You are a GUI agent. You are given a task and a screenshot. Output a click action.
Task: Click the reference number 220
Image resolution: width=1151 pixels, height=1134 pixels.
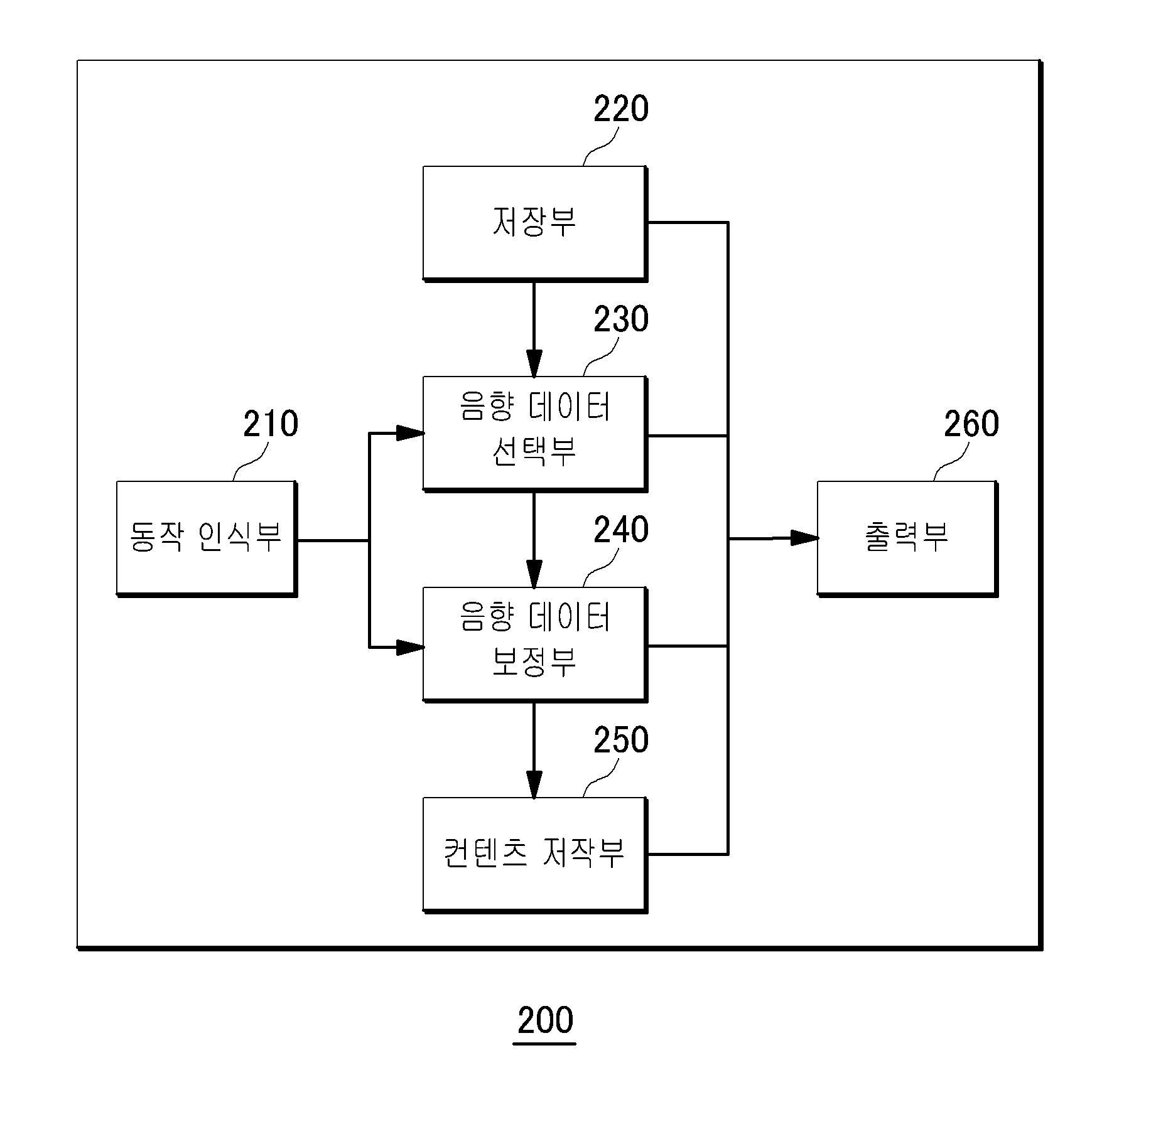pyautogui.click(x=621, y=109)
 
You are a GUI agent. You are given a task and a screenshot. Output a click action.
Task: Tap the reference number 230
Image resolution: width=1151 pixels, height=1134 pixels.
pyautogui.click(x=621, y=319)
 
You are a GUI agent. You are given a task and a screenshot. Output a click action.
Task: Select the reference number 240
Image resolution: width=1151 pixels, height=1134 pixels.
pyautogui.click(x=621, y=530)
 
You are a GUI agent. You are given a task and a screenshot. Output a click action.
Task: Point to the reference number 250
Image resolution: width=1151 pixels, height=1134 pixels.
pyautogui.click(x=621, y=741)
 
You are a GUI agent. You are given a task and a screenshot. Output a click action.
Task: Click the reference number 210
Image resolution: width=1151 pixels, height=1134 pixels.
pyautogui.click(x=271, y=424)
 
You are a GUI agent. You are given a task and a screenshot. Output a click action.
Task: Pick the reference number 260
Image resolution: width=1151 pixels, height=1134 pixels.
pyautogui.click(x=971, y=424)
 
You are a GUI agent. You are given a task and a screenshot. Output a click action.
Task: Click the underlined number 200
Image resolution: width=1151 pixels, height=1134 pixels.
pyautogui.click(x=545, y=1020)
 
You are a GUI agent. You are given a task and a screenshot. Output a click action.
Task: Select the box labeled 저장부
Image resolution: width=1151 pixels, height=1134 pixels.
pyautogui.click(x=535, y=223)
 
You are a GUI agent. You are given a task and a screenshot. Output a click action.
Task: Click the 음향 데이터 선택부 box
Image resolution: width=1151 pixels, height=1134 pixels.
pyautogui.click(x=535, y=434)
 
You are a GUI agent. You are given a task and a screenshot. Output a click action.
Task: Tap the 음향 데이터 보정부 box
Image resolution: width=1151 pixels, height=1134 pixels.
pyautogui.click(x=535, y=645)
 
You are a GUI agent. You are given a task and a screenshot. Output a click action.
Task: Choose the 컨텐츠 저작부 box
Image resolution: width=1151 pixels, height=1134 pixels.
pyautogui.click(x=535, y=855)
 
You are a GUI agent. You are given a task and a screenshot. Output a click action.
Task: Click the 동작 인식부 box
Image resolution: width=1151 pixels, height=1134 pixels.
pyautogui.click(x=207, y=539)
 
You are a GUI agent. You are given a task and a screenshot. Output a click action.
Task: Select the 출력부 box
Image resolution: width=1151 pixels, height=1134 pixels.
pyautogui.click(x=907, y=539)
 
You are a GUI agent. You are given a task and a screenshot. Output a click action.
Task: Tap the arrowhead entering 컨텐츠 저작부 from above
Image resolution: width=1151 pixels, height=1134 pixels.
pyautogui.click(x=534, y=784)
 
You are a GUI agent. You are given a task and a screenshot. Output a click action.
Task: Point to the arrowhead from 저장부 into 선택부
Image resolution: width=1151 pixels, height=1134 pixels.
pyautogui.click(x=534, y=363)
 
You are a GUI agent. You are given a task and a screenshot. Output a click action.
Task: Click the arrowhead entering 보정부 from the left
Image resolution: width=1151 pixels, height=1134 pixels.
pyautogui.click(x=409, y=648)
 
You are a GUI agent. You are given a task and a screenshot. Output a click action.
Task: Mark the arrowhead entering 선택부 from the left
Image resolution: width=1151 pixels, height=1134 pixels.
pyautogui.click(x=409, y=432)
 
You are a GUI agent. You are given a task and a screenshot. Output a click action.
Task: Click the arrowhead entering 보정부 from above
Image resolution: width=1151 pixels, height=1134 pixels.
pyautogui.click(x=534, y=574)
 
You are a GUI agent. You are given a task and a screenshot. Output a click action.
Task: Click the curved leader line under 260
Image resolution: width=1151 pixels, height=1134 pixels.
pyautogui.click(x=951, y=461)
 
